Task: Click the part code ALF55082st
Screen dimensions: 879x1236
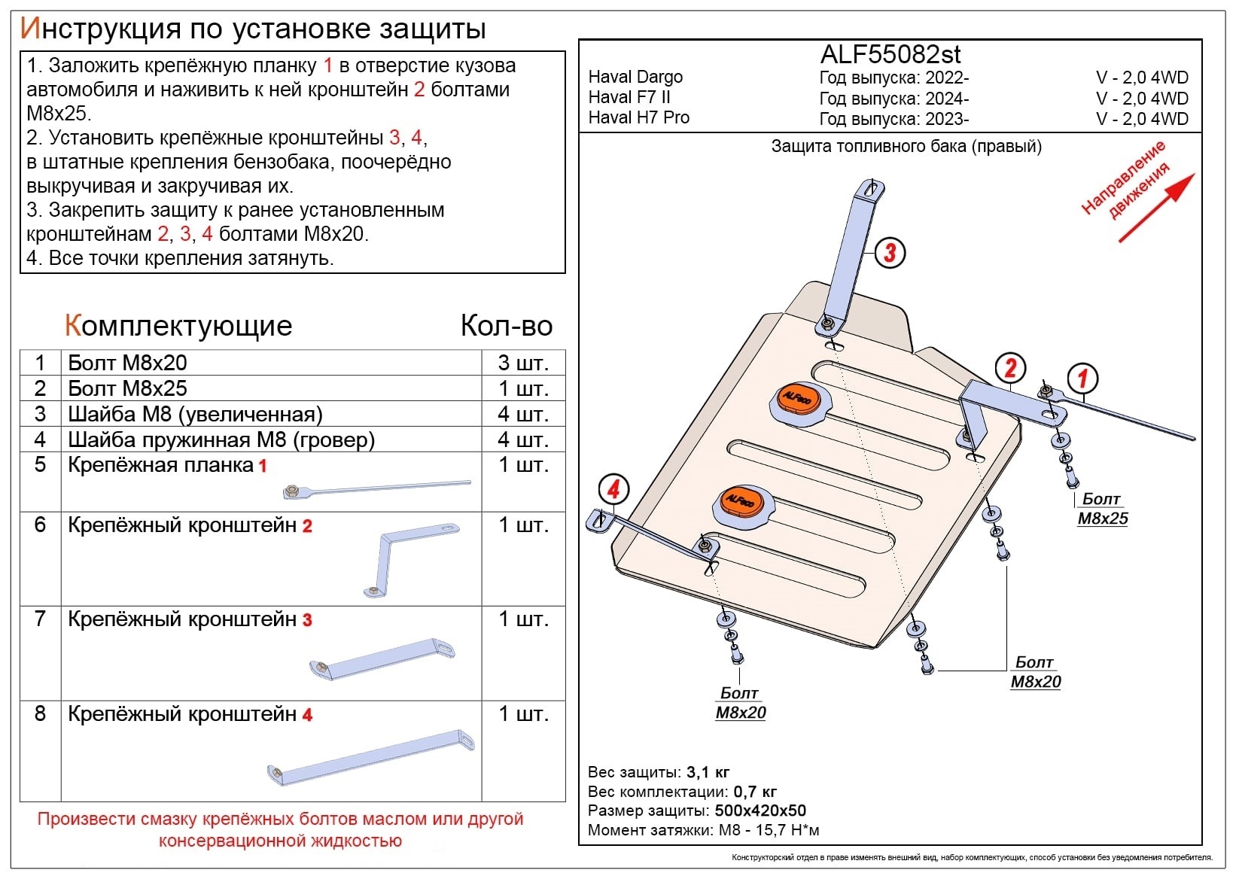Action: [890, 54]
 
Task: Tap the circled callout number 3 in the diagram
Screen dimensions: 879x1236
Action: [890, 253]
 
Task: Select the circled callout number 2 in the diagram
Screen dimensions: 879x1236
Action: [1010, 367]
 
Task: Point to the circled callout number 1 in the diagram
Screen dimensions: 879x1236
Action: [1082, 379]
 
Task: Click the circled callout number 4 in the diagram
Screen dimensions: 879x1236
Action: [613, 490]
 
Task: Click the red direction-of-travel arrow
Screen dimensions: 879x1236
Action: [1156, 208]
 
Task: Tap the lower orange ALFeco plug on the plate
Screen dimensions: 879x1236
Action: [739, 501]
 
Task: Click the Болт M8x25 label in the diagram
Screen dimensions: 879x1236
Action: [1102, 509]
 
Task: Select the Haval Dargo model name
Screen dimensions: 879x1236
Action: [635, 77]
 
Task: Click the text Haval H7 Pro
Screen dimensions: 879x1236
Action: [638, 117]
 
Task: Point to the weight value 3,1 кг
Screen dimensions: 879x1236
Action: [708, 772]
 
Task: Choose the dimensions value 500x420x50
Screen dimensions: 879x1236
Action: [760, 811]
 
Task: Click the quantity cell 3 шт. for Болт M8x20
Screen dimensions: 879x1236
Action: [523, 363]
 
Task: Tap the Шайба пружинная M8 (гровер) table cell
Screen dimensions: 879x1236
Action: [221, 439]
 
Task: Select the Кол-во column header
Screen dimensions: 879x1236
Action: [506, 326]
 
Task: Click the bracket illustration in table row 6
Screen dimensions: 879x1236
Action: [414, 561]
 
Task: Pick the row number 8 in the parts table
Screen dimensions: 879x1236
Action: [40, 713]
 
